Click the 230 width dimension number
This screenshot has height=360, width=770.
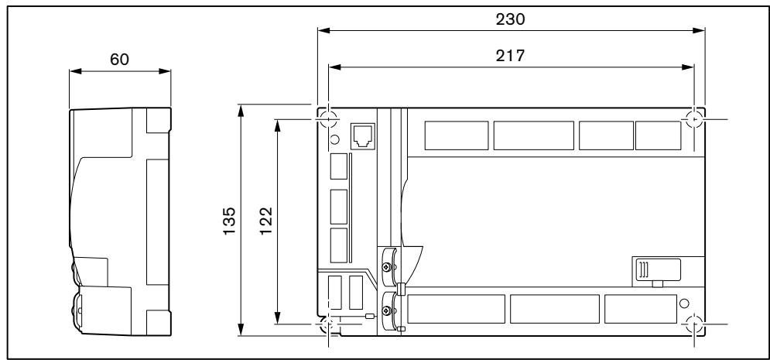click(x=512, y=20)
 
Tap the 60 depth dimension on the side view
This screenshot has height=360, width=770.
click(x=119, y=60)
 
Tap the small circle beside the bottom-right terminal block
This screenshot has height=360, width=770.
click(x=684, y=303)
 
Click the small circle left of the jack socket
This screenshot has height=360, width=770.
click(x=334, y=139)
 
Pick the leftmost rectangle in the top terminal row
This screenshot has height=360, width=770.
click(x=456, y=135)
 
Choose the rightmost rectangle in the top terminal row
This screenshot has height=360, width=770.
click(x=658, y=135)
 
